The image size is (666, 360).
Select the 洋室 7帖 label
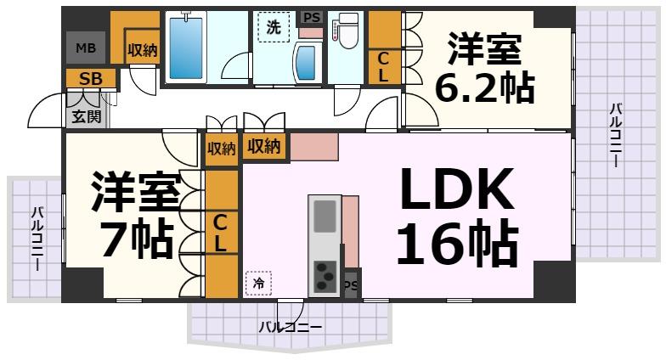(x=135, y=216)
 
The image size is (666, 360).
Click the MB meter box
(x=86, y=48)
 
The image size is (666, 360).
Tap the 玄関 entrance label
(x=86, y=115)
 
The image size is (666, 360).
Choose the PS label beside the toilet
(x=312, y=17)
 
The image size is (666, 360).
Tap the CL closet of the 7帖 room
(x=220, y=233)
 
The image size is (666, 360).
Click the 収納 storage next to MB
(x=143, y=50)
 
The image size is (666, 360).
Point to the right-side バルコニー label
(x=614, y=135)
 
